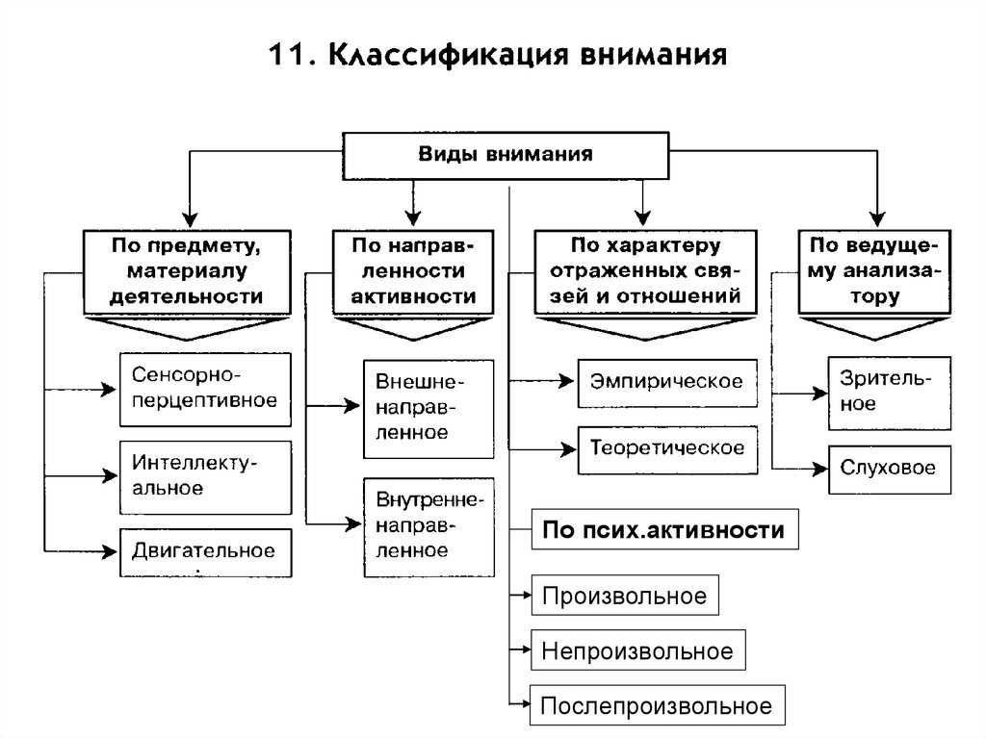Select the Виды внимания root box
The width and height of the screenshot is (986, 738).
coord(505,154)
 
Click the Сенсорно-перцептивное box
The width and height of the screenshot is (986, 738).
coord(205,389)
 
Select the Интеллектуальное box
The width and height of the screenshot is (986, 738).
coord(205,476)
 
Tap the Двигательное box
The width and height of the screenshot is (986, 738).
coord(205,552)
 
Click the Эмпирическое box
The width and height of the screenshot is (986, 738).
coord(666,382)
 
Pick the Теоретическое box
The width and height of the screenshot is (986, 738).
coord(666,449)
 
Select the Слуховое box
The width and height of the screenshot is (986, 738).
coord(889,470)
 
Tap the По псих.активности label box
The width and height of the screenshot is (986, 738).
coord(664,529)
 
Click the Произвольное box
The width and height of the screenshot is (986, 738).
coord(624,597)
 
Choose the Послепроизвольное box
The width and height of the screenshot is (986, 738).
coord(657,706)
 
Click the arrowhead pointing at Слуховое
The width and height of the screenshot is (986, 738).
coord(820,470)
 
